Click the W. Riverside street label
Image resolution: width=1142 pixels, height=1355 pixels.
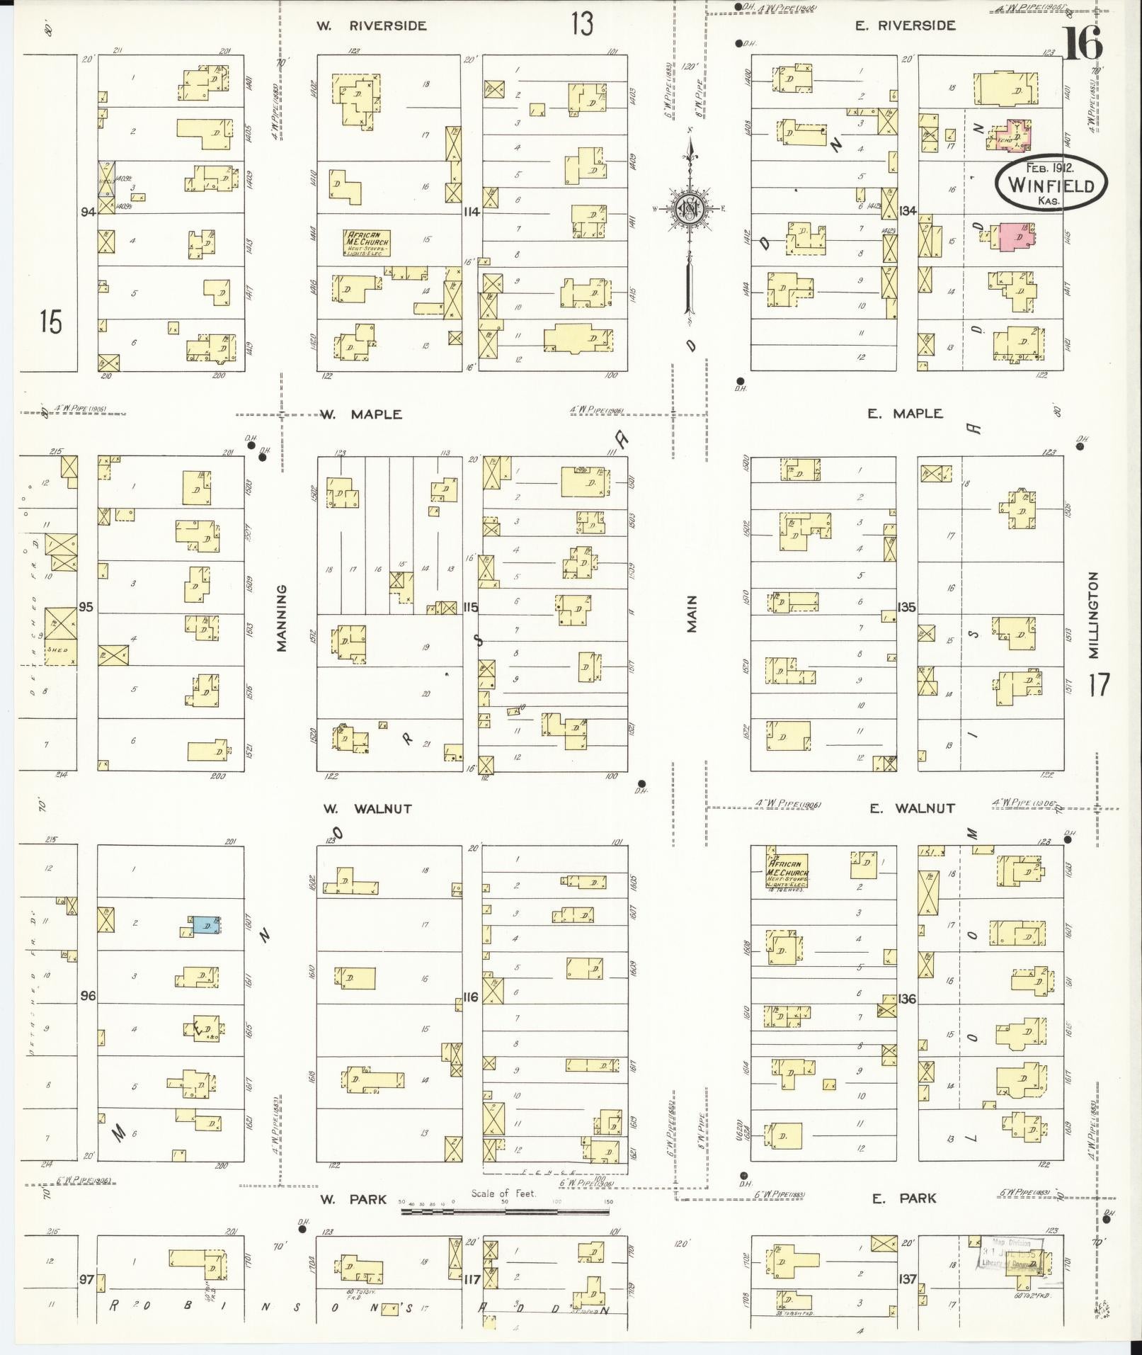click(371, 26)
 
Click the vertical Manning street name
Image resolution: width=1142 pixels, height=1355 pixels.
click(282, 617)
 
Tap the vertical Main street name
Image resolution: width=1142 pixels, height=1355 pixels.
click(692, 613)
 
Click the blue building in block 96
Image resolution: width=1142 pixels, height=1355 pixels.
click(205, 925)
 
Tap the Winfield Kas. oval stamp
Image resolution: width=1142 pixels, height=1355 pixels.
click(1050, 183)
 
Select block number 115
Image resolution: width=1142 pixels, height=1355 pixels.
click(470, 608)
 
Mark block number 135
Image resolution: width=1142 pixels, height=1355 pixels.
click(907, 607)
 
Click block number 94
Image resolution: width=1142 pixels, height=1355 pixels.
click(88, 211)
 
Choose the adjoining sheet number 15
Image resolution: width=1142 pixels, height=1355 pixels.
click(50, 322)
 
